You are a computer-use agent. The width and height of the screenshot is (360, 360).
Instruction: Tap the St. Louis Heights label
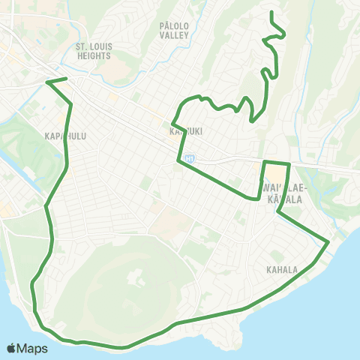click(x=94, y=51)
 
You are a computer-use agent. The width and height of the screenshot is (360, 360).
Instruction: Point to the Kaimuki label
click(x=187, y=129)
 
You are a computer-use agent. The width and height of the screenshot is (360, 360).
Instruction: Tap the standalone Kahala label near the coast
click(x=281, y=269)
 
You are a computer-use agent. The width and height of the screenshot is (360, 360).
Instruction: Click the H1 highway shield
click(x=190, y=158)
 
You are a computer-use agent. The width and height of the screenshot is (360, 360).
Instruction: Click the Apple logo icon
click(x=12, y=349)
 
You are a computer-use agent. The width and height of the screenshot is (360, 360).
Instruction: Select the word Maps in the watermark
click(x=33, y=349)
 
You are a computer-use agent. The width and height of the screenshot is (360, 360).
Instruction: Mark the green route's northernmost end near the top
click(x=271, y=12)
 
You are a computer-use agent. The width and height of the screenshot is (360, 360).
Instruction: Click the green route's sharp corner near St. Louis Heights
click(x=47, y=81)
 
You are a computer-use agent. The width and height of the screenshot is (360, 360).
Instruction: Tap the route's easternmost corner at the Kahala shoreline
click(x=328, y=241)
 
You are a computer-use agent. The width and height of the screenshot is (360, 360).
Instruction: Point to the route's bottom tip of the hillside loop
click(x=253, y=119)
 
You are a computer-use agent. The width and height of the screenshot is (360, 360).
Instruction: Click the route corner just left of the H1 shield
click(x=179, y=160)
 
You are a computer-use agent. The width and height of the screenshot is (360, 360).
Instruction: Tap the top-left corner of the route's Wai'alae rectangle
click(x=264, y=161)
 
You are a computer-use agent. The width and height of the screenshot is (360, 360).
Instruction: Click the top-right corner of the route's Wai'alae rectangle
click(x=289, y=163)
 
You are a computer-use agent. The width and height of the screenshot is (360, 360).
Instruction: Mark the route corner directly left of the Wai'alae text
click(x=259, y=199)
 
